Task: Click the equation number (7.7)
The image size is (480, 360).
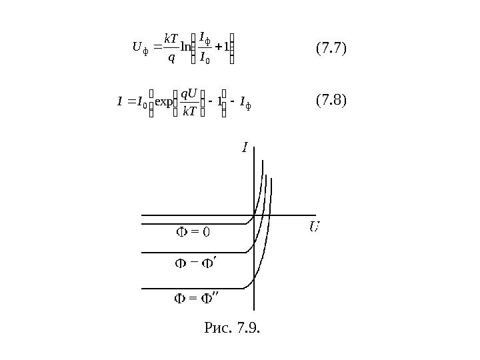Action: pos(332,49)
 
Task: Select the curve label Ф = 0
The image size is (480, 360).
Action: pos(193,232)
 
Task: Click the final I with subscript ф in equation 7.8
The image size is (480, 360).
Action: pos(251,103)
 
